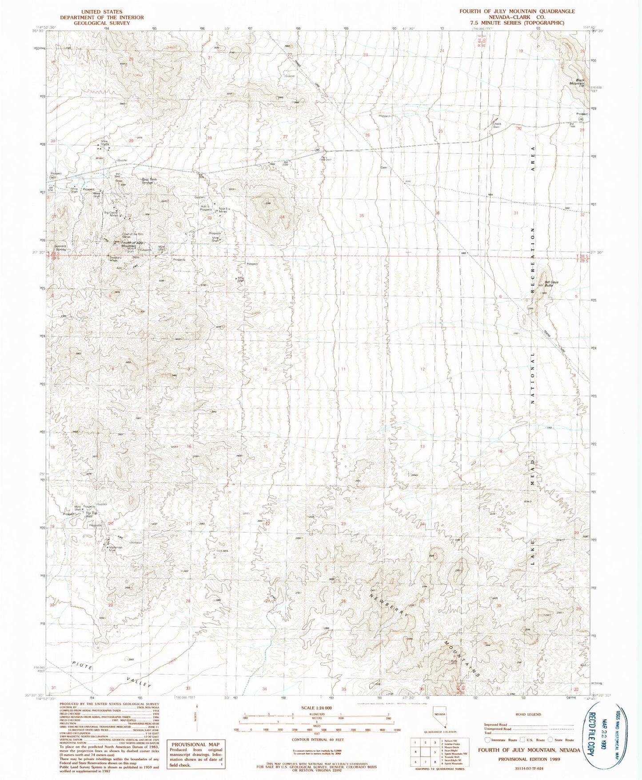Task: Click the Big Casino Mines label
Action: [x=111, y=214]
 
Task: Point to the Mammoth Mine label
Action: [x=116, y=549]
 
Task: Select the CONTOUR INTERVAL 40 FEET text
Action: [x=316, y=740]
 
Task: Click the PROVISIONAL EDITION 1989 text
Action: [x=529, y=759]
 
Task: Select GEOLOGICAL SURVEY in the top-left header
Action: [x=96, y=23]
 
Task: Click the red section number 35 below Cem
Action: [x=362, y=215]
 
